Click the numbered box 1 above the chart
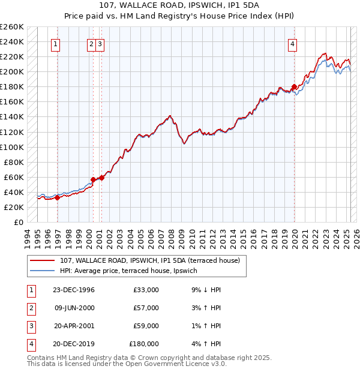coord(55,43)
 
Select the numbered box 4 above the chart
coord(292,43)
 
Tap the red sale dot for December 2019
coord(295,86)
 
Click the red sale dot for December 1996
coord(58,197)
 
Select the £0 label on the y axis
coord(19,222)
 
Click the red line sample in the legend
coord(43,260)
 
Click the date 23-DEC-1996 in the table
coord(73,290)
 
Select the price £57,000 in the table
coord(146,308)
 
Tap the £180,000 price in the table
coord(144,344)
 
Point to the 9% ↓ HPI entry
coord(205,290)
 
